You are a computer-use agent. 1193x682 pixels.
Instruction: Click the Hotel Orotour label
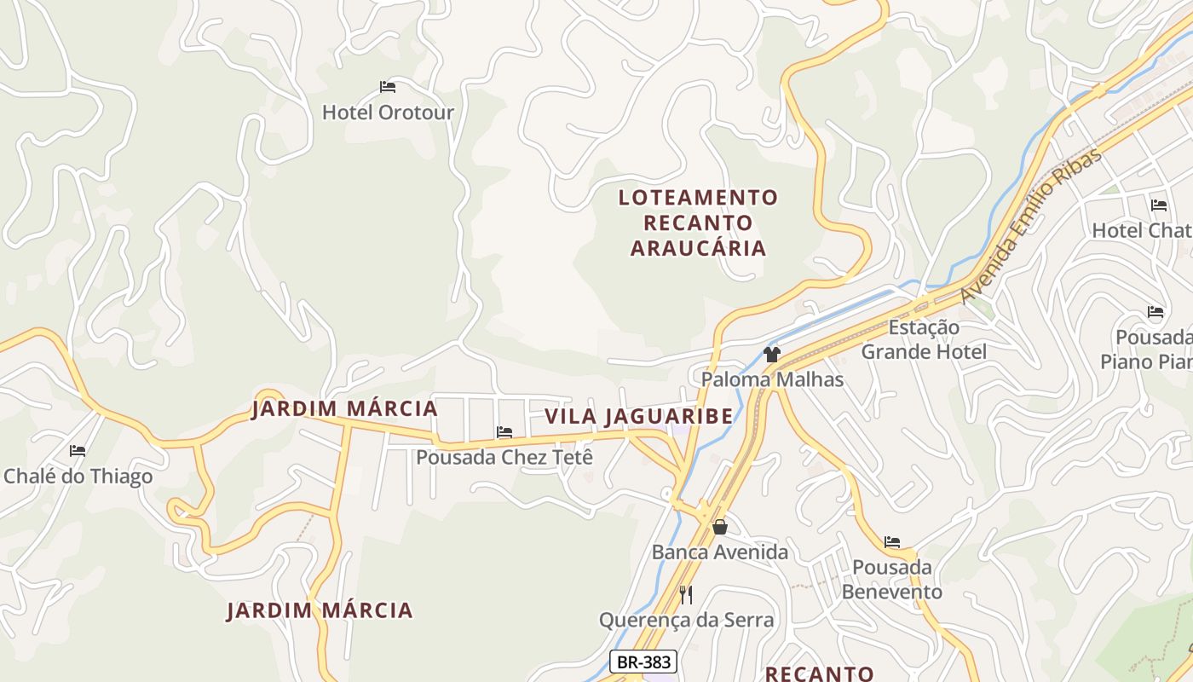coord(388,113)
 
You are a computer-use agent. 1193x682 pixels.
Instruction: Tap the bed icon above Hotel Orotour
coord(388,87)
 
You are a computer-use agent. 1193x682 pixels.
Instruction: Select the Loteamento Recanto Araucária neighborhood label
coord(698,223)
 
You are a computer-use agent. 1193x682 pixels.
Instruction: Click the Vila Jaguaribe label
coord(638,416)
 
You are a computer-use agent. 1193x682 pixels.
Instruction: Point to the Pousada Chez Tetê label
coord(504,457)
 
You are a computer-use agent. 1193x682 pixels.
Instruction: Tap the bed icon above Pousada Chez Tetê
coord(504,432)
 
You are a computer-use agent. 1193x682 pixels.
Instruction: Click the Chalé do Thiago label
coord(78,476)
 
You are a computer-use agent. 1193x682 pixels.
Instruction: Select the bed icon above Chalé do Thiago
coord(78,450)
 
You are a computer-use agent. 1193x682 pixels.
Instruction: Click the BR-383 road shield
coord(643,662)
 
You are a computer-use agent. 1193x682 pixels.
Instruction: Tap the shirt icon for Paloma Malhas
coord(772,355)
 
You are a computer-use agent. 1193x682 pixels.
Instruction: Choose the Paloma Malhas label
coord(772,379)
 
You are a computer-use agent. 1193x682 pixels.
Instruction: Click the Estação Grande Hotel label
coord(924,339)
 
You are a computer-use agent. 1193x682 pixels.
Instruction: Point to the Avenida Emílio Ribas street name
coord(1030,226)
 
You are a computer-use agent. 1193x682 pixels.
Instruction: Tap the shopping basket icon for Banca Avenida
coord(720,527)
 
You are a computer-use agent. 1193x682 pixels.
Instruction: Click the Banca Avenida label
coord(720,552)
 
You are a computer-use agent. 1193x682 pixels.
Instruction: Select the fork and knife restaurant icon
coord(686,594)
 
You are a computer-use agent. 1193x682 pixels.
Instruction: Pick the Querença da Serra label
coord(686,620)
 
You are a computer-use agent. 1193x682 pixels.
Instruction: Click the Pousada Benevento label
coord(891,580)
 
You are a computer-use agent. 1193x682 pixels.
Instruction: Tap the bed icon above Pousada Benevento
coord(892,541)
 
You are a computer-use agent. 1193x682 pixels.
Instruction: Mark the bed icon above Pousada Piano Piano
coord(1156,312)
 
